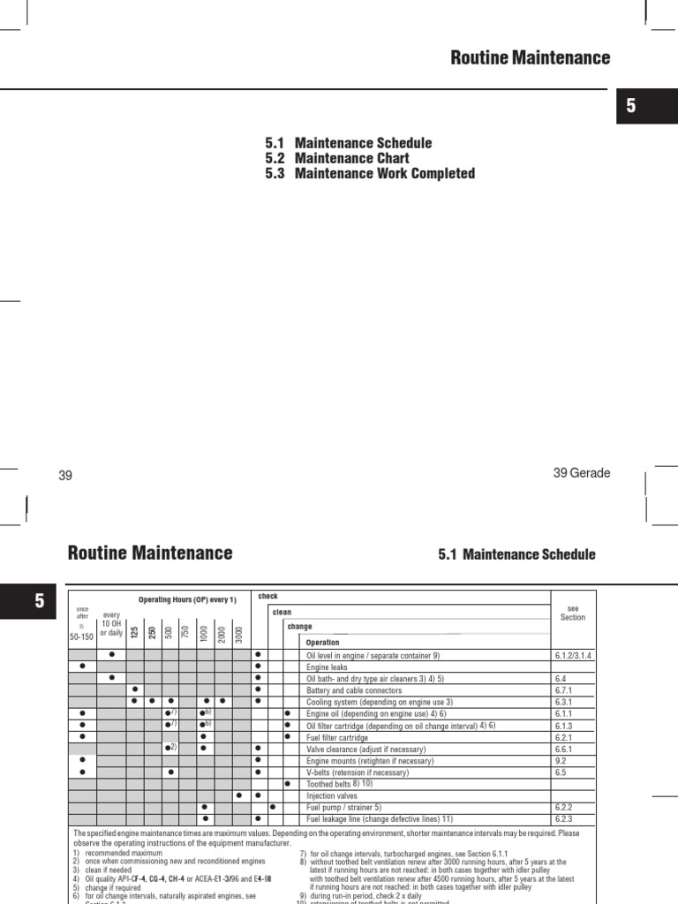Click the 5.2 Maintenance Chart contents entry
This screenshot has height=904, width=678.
coord(337,158)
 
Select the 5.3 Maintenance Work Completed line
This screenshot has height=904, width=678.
coord(369,173)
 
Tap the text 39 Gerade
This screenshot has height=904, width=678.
coord(581,473)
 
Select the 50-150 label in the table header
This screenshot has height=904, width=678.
coord(82,636)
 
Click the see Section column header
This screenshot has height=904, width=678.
coord(573,612)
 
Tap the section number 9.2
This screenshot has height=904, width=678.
coord(561,760)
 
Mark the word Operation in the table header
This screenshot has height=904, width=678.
coord(323,643)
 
